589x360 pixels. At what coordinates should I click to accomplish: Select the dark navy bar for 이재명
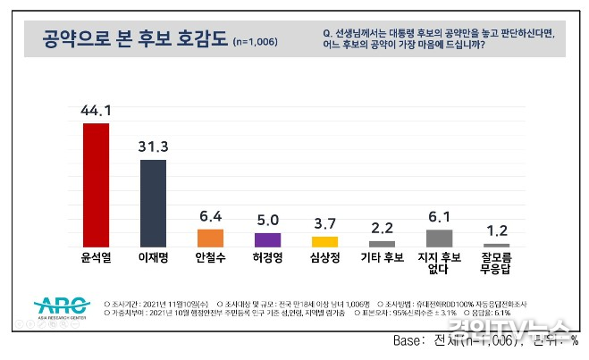[x=153, y=203]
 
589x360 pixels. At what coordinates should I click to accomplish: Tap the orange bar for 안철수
[x=210, y=238]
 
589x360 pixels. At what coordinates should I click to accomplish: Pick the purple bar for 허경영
[x=267, y=239]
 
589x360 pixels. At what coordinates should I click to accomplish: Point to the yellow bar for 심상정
[x=324, y=241]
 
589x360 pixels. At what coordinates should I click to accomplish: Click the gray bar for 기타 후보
[x=382, y=243]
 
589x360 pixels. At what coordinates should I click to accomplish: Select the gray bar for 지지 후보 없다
[x=439, y=238]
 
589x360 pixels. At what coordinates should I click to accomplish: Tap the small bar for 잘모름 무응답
[x=496, y=245]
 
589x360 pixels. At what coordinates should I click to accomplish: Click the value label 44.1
[x=96, y=112]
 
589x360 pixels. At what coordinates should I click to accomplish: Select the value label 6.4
[x=210, y=217]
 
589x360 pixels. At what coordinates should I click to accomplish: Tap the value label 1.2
[x=496, y=231]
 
